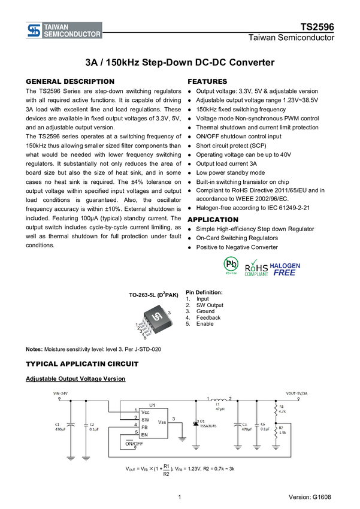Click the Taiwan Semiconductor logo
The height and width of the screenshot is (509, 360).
(x=63, y=31)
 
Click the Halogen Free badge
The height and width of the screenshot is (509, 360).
(x=285, y=268)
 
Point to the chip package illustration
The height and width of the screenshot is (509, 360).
(x=154, y=322)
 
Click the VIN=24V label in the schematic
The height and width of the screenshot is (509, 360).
(x=62, y=393)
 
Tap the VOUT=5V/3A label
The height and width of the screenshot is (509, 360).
(x=297, y=393)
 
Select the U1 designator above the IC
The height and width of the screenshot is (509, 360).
(x=152, y=405)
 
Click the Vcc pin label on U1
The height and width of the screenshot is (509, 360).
(x=146, y=412)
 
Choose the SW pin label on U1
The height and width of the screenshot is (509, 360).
(x=145, y=419)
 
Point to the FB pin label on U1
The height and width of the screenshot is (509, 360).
(x=144, y=426)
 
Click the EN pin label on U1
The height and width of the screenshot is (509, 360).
(x=144, y=434)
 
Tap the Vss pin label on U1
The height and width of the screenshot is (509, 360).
(x=162, y=423)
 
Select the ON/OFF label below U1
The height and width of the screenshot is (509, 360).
(x=134, y=443)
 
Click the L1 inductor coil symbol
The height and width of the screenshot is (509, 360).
(x=218, y=400)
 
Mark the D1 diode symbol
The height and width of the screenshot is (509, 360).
(x=196, y=424)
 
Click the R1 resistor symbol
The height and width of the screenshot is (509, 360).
(x=276, y=410)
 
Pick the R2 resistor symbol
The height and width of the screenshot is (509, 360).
(x=276, y=431)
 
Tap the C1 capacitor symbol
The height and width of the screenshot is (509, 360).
(x=71, y=425)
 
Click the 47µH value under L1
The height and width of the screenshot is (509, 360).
(x=219, y=410)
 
